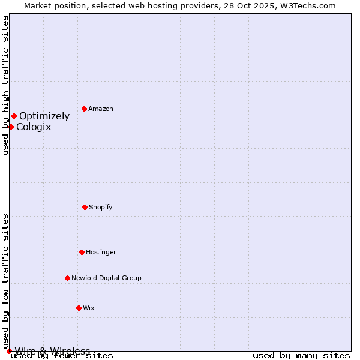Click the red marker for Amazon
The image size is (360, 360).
click(84, 109)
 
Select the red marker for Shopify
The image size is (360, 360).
click(85, 207)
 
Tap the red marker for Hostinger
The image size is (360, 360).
click(82, 252)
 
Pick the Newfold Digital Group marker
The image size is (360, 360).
click(67, 278)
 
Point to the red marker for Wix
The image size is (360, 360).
click(79, 308)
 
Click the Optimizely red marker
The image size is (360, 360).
click(14, 116)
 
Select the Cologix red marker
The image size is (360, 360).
click(11, 127)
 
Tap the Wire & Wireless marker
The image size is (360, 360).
click(9, 351)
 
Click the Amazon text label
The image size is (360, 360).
click(101, 109)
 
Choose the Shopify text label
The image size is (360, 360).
click(101, 207)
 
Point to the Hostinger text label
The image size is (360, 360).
click(101, 252)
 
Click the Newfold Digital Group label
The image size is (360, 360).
click(106, 278)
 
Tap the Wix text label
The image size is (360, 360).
click(89, 308)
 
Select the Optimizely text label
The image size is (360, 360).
click(44, 116)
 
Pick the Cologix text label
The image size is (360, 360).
click(34, 127)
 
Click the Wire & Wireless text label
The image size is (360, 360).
click(53, 351)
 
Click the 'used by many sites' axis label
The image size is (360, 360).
click(301, 355)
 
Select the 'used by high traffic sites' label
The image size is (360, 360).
click(6, 85)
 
